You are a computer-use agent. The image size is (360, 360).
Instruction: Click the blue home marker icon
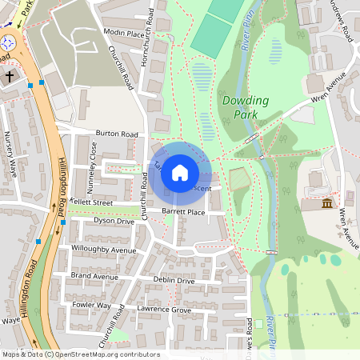[180, 173]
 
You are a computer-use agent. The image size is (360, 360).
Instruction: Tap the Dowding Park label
[246, 107]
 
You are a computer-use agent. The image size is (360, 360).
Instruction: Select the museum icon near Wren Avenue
[326, 206]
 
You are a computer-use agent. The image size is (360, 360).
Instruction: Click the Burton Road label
[118, 134]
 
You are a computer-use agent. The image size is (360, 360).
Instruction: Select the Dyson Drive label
[114, 220]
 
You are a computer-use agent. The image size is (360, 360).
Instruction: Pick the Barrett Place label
[183, 212]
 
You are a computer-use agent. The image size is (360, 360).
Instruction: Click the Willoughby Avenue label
[104, 250]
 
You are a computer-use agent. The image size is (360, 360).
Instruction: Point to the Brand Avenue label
[94, 275]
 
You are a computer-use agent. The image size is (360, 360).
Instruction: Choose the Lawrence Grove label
[164, 309]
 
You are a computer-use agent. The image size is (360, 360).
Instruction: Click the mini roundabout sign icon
[8, 42]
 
